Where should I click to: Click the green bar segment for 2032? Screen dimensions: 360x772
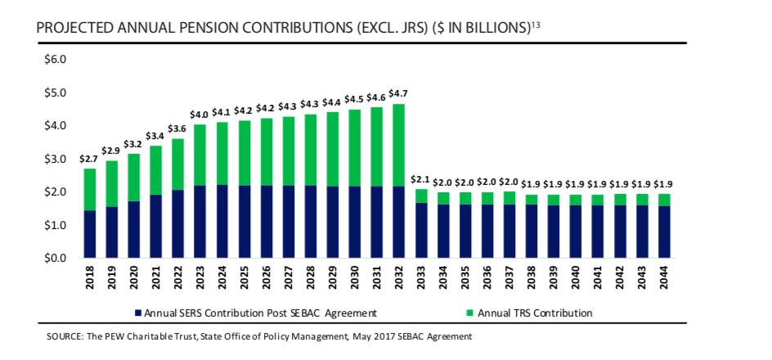398,145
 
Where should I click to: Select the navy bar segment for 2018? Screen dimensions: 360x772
90,234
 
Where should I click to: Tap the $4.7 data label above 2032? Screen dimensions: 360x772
398,93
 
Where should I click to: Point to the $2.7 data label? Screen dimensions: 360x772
90,159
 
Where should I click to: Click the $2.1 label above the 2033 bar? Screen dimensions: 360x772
420,179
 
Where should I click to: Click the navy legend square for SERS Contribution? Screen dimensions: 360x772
138,313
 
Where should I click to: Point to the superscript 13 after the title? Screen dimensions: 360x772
536,25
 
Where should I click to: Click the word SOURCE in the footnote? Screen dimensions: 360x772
66,335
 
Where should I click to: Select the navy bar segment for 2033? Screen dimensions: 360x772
420,231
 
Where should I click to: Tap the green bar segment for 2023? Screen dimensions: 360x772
200,155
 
